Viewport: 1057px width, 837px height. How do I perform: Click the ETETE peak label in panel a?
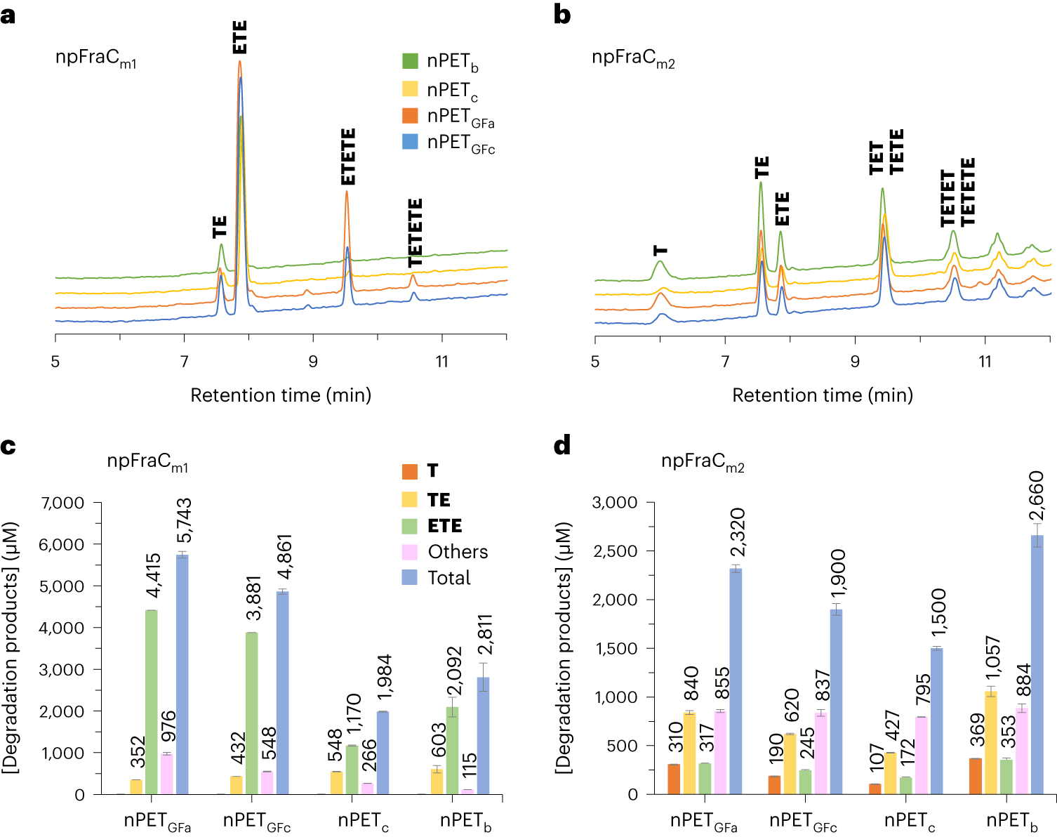[348, 157]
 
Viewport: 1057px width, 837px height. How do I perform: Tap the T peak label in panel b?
[660, 250]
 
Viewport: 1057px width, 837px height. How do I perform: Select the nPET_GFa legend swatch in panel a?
[410, 115]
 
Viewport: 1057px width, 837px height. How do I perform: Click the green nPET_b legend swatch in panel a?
[410, 61]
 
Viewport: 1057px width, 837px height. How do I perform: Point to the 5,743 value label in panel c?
[184, 520]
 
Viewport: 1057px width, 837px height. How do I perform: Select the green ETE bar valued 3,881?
[251, 713]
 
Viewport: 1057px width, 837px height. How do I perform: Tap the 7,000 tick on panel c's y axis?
[62, 503]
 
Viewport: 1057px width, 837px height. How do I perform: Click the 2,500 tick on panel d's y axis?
[615, 551]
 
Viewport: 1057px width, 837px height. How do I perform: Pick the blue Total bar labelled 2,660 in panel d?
[1037, 664]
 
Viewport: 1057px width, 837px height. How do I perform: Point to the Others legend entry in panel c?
[457, 552]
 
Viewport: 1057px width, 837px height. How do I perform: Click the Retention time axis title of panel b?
[823, 395]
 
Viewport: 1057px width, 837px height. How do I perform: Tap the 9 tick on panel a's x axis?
[313, 362]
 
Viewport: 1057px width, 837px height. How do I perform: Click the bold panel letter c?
[8, 447]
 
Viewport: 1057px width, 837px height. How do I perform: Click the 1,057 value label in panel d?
[992, 660]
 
